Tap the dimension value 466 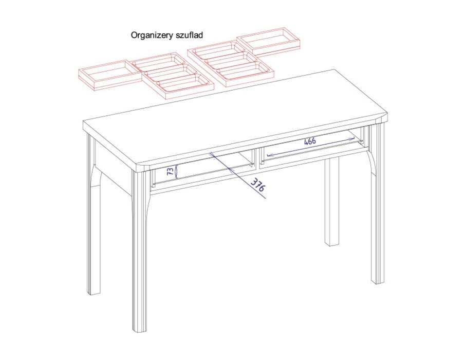pyautogui.click(x=310, y=141)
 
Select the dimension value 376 pyautogui.click(x=257, y=185)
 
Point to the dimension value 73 pyautogui.click(x=170, y=171)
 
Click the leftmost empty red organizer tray pyautogui.click(x=110, y=75)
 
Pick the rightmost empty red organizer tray pyautogui.click(x=269, y=42)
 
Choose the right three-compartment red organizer pyautogui.click(x=231, y=64)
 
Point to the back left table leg pyautogui.click(x=94, y=214)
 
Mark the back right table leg pyautogui.click(x=332, y=202)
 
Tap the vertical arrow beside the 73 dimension pyautogui.click(x=176, y=172)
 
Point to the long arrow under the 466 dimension pyautogui.click(x=311, y=147)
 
